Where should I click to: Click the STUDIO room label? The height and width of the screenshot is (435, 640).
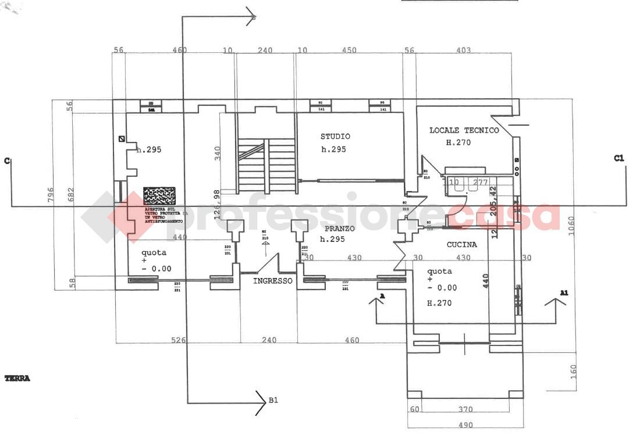pyautogui.click(x=335, y=137)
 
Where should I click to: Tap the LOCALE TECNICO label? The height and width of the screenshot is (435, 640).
pyautogui.click(x=464, y=130)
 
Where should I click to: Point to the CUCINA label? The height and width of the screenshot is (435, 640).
pyautogui.click(x=461, y=245)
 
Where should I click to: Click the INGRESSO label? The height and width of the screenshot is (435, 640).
pyautogui.click(x=272, y=281)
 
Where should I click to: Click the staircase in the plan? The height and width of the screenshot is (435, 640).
pyautogui.click(x=266, y=165)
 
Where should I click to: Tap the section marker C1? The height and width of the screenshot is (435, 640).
pyautogui.click(x=618, y=158)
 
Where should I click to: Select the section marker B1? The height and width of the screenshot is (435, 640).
pyautogui.click(x=273, y=400)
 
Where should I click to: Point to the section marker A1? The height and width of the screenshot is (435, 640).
pyautogui.click(x=563, y=293)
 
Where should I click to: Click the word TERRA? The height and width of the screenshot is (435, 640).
pyautogui.click(x=17, y=379)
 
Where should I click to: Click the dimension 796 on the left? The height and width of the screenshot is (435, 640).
pyautogui.click(x=51, y=197)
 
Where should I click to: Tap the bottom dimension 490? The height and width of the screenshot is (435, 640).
pyautogui.click(x=465, y=425)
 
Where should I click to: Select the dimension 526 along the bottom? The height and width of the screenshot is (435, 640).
pyautogui.click(x=178, y=340)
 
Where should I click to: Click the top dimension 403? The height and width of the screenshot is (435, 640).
pyautogui.click(x=463, y=51)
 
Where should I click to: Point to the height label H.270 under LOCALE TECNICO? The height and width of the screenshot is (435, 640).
pyautogui.click(x=458, y=142)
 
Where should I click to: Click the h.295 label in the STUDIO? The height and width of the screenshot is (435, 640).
pyautogui.click(x=333, y=149)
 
